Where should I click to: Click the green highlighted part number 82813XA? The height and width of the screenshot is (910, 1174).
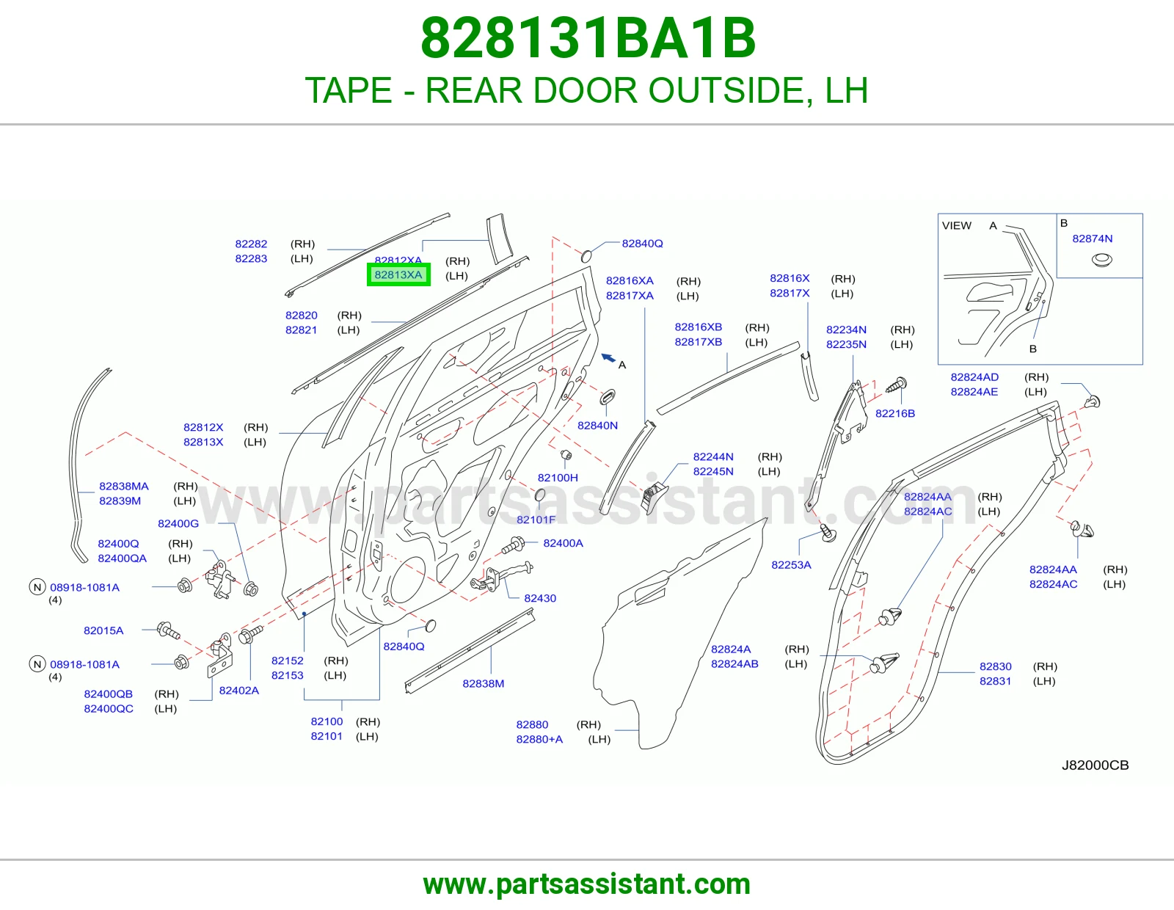click(x=398, y=274)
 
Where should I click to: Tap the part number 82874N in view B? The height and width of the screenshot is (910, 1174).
click(x=1092, y=239)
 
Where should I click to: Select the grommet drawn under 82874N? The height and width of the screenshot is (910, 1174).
click(x=1101, y=261)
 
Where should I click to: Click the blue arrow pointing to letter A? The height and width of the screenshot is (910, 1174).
click(x=608, y=357)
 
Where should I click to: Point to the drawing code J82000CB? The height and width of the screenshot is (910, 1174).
click(x=1095, y=765)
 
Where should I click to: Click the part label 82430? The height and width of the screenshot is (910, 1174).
click(x=540, y=598)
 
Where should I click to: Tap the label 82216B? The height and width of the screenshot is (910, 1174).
click(x=894, y=413)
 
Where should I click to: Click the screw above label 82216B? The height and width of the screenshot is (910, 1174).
click(x=897, y=385)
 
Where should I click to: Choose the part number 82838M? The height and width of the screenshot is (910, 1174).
click(x=483, y=683)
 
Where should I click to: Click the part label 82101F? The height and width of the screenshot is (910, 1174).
click(x=536, y=520)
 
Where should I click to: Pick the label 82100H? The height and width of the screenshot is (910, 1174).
click(x=558, y=478)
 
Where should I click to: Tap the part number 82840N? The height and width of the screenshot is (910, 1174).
click(x=597, y=426)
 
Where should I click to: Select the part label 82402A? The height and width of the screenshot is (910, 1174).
click(x=238, y=691)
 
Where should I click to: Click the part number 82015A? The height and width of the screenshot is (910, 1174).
click(x=103, y=630)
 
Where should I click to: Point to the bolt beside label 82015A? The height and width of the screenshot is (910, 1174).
click(x=168, y=630)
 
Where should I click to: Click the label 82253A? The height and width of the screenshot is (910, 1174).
click(x=791, y=564)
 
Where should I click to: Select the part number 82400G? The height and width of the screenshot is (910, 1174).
click(x=178, y=524)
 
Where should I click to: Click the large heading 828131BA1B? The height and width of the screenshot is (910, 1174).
click(x=588, y=38)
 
